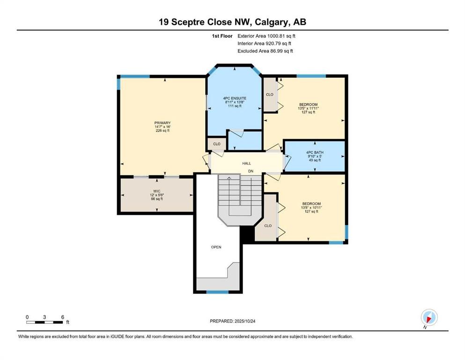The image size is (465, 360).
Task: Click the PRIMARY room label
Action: coord(162,123)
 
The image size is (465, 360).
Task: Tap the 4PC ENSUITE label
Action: coord(235,98)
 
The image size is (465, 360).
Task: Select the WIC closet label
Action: coord(157,191)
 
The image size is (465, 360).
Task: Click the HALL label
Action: coord(246,163)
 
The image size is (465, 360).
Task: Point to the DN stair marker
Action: coord(251,172)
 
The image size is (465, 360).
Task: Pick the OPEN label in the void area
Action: coord(216,247)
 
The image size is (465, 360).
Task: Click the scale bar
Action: coord(45,322)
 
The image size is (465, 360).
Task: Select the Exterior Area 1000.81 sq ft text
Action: coord(266,36)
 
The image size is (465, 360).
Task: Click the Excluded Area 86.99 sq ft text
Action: coord(266,51)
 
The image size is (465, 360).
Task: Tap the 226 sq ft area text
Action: coord(162,131)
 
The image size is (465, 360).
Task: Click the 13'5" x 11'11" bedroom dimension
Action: coord(309,108)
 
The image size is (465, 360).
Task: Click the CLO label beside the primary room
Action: coord(216,144)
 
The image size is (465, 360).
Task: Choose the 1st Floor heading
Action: coord(222,36)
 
